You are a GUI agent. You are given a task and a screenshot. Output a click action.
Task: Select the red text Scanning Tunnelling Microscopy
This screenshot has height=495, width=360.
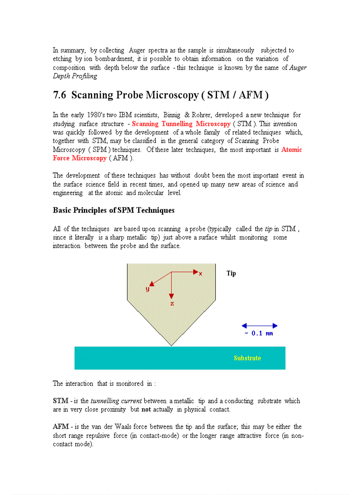point(181,124)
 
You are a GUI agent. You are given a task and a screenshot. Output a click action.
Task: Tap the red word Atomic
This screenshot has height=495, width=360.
point(292,149)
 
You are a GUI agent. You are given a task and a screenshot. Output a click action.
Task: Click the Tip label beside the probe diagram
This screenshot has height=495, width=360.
point(231,273)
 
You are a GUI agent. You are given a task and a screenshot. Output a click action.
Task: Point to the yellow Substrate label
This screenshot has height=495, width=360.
point(247,358)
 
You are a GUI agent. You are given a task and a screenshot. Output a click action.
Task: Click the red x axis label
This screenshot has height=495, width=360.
point(200,274)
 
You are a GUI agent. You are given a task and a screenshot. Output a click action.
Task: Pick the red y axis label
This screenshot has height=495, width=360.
point(147,289)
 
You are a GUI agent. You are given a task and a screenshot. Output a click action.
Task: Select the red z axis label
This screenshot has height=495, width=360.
point(172,304)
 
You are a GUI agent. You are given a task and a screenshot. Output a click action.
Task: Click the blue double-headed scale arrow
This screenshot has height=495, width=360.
point(259,326)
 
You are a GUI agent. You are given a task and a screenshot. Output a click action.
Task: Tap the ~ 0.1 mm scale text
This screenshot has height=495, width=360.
point(259,334)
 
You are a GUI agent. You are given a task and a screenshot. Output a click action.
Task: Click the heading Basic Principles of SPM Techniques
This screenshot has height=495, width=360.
point(113,210)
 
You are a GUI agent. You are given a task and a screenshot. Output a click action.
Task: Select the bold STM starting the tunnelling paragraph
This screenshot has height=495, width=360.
point(60,401)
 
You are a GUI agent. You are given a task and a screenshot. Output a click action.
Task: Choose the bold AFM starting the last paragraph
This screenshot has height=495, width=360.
point(60,427)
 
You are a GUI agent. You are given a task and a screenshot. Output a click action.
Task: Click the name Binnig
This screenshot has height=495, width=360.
point(172,115)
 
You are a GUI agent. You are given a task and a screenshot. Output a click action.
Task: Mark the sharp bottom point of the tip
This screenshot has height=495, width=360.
point(171,345)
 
